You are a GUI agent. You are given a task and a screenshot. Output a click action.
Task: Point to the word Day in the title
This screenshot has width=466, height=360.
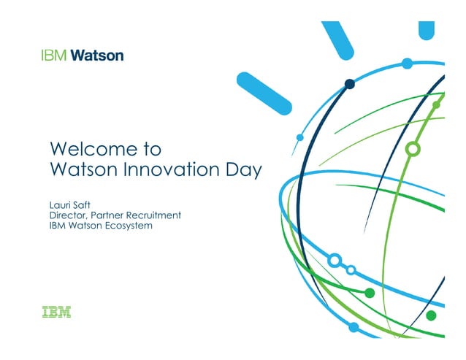(242, 172)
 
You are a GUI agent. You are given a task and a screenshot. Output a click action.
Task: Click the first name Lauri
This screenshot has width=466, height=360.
(61, 205)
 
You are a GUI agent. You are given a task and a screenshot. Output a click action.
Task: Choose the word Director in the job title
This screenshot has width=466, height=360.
(67, 215)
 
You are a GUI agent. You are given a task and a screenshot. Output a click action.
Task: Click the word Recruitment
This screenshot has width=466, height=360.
(153, 215)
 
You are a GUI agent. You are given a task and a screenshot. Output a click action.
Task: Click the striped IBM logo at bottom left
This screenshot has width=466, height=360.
(56, 313)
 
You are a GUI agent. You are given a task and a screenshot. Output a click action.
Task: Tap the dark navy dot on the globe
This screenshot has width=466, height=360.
(350, 84)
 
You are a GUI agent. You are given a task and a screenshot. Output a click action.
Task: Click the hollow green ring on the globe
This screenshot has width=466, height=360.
(413, 150)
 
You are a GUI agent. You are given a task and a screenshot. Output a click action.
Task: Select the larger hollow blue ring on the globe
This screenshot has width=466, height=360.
(335, 259)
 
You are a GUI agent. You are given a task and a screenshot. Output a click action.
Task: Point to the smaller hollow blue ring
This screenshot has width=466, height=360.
(351, 270)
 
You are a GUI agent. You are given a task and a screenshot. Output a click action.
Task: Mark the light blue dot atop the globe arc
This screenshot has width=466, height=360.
(408, 64)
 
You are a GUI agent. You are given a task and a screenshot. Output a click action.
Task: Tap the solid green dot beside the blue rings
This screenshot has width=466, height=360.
(370, 293)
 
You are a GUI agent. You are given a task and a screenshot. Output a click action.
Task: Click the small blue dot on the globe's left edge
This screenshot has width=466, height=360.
(299, 137)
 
